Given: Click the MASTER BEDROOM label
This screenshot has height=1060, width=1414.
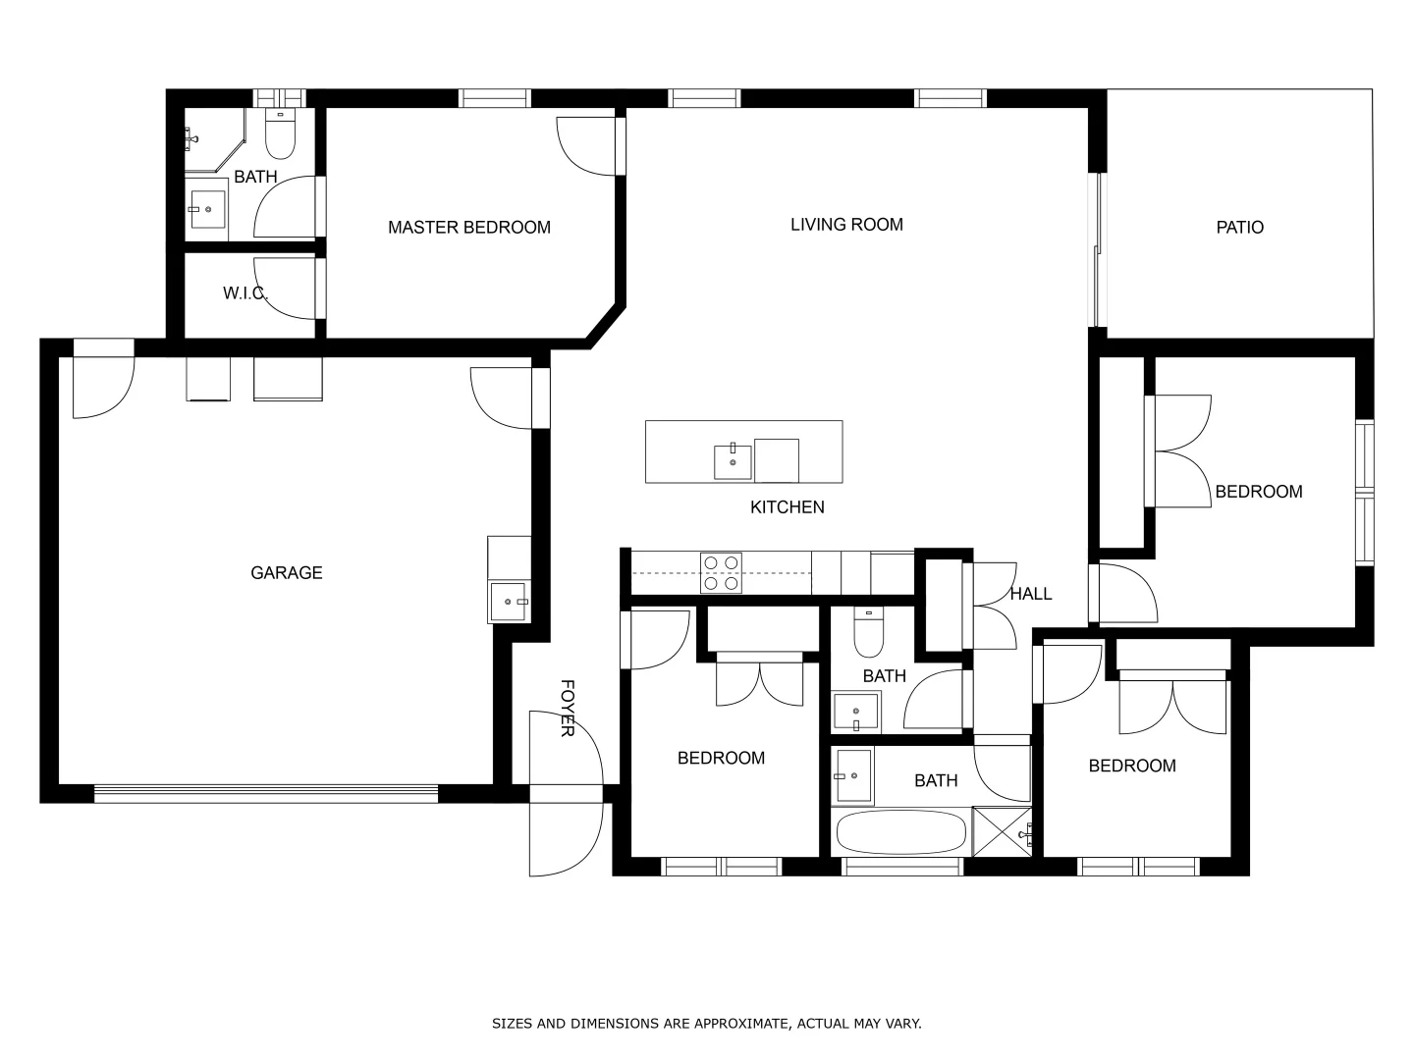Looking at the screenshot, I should tap(468, 228).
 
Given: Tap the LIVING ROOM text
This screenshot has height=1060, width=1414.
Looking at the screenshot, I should tap(846, 225).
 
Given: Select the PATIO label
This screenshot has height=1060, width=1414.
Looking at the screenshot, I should tap(1239, 228).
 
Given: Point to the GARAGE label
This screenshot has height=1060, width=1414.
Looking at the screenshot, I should tap(286, 573).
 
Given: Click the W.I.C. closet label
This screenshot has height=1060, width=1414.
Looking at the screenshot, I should tap(245, 293).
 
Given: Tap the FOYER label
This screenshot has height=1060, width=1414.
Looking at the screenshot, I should tap(567, 708).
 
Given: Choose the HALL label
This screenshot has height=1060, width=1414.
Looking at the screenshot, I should tap(1030, 594).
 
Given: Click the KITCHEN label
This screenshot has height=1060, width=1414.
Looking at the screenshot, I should tap(787, 507).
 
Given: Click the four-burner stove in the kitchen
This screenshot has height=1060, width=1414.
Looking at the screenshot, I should tap(721, 573).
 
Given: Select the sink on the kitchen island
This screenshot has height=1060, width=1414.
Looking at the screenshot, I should tap(733, 460).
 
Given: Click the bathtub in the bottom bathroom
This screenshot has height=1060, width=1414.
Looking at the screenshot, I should tap(900, 832).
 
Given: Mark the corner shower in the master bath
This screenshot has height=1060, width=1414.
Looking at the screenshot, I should tap(211, 139).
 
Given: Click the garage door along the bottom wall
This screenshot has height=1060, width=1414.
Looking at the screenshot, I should tap(266, 794).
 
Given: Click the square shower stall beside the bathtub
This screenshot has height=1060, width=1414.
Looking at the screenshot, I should tap(1001, 831).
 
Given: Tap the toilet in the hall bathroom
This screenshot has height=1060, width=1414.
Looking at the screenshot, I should tap(867, 633).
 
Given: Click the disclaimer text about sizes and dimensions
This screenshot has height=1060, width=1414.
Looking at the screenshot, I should tap(706, 1024).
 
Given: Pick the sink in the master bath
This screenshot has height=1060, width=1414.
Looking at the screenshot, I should tap(207, 209).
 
